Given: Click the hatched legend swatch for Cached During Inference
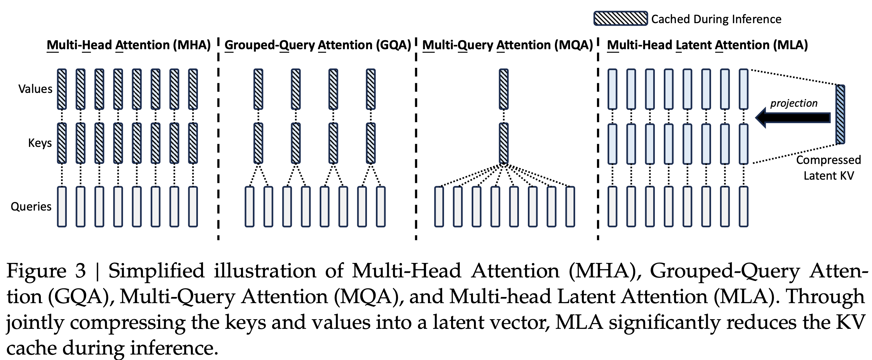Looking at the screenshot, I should click(620, 19).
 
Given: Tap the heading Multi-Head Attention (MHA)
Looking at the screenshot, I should click(129, 45).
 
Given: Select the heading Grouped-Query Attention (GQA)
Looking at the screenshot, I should click(317, 45).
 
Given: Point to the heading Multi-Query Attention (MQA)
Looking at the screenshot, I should click(507, 45).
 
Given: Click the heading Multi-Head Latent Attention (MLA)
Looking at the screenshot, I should click(707, 45).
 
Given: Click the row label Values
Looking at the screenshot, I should click(35, 89).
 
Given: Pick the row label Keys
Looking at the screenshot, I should click(40, 143).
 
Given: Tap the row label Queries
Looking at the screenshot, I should click(31, 207).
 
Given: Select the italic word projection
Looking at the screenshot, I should click(794, 103).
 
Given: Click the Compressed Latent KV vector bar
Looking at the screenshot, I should click(840, 114).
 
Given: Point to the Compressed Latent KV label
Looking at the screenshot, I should click(828, 168).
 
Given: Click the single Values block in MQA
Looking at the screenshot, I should click(503, 89).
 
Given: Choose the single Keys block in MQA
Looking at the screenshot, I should click(503, 143).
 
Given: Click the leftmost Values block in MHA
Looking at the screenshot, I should click(62, 89).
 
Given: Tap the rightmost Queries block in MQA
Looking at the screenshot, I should click(570, 207).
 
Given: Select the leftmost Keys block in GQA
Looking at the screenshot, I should click(258, 143).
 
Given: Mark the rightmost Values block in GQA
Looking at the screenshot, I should click(371, 89).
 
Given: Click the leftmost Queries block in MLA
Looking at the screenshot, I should click(612, 207).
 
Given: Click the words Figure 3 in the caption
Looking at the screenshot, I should click(46, 271).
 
